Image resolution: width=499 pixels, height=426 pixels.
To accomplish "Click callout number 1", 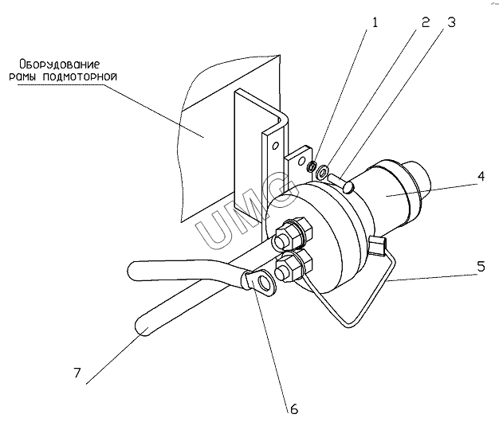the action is click(x=375, y=22).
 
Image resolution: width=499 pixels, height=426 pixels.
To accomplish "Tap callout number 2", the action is click(x=426, y=22).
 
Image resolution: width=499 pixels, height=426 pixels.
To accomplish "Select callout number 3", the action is click(x=451, y=22).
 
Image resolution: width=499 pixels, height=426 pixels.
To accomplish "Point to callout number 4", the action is click(x=481, y=176).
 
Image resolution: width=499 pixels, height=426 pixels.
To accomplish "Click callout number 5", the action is click(x=481, y=267).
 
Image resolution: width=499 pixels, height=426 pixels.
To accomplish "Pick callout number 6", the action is click(x=294, y=408).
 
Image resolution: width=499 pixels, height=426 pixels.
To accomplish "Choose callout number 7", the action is click(x=77, y=373).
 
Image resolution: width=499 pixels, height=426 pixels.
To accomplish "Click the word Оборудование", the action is click(x=60, y=64).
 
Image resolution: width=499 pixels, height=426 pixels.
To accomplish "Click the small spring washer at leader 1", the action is click(x=311, y=166).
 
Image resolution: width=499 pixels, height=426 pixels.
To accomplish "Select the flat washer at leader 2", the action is click(x=322, y=173).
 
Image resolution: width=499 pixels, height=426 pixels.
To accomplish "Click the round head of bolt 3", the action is click(x=349, y=186).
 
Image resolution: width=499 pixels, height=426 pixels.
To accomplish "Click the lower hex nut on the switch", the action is click(x=293, y=267).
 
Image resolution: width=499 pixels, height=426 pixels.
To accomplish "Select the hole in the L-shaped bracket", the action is click(x=276, y=146).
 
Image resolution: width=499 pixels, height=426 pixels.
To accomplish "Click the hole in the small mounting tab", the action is click(x=301, y=161).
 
